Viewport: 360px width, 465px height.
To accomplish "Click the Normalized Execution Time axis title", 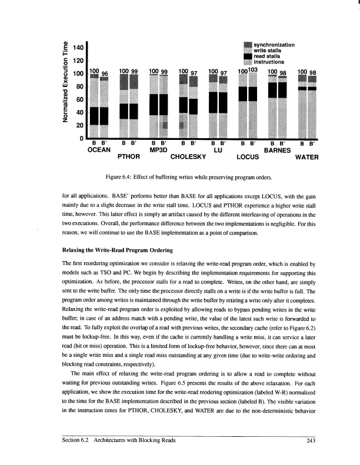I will pyautogui.click(x=59, y=89).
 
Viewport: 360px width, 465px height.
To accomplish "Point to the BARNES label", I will pyautogui.click(x=278, y=150).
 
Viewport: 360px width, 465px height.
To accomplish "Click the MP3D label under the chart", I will pyautogui.click(x=159, y=150).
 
